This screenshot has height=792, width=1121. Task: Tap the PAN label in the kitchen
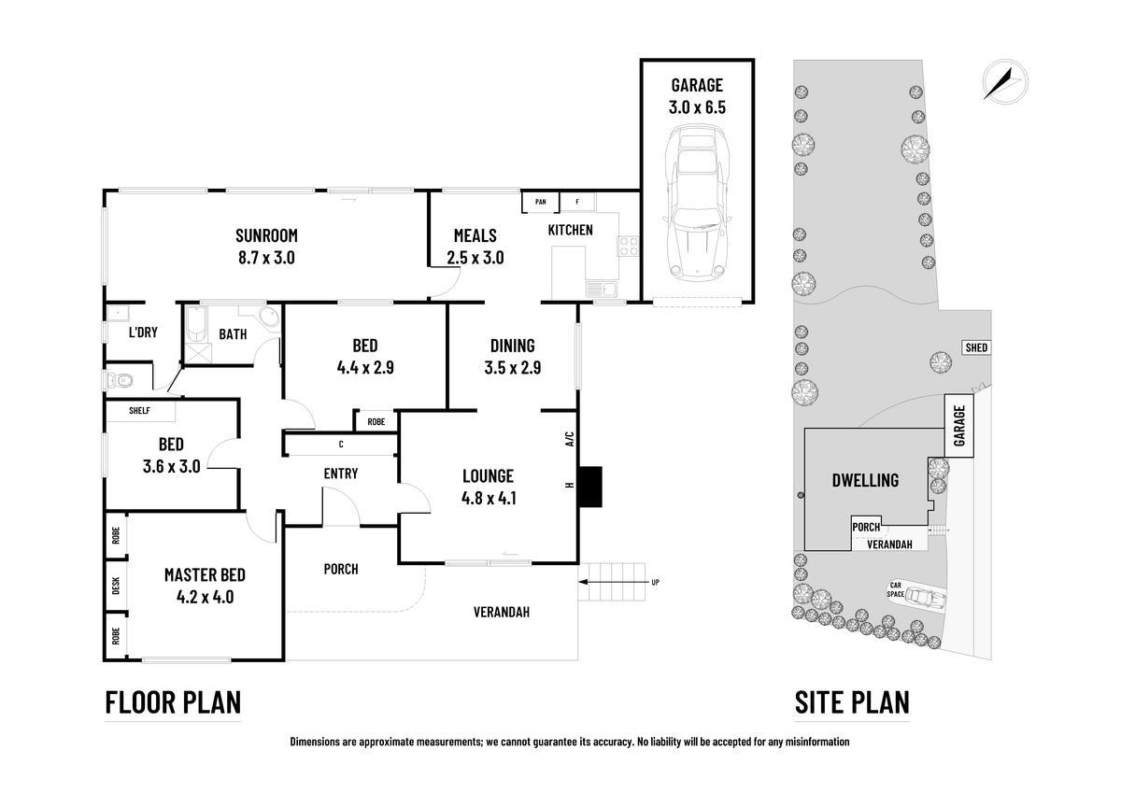click(540, 202)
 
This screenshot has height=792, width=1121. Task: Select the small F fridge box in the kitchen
click(577, 202)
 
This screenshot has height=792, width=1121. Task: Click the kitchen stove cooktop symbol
click(628, 247)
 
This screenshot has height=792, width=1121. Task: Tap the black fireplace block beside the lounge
click(590, 483)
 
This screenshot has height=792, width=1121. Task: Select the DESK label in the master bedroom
click(116, 586)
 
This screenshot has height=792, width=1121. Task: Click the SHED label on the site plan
click(975, 347)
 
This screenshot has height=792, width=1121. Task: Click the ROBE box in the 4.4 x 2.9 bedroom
click(376, 421)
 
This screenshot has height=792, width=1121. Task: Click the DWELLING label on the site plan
click(865, 480)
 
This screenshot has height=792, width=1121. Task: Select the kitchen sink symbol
click(598, 289)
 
